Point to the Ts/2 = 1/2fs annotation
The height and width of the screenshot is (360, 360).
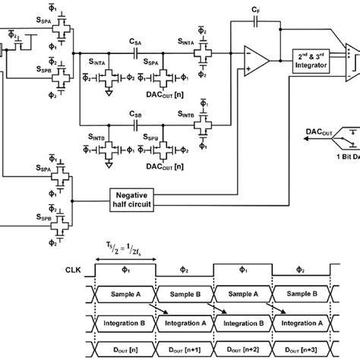(x=125, y=245)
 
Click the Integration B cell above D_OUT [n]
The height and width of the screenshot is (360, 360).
(x=125, y=323)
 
